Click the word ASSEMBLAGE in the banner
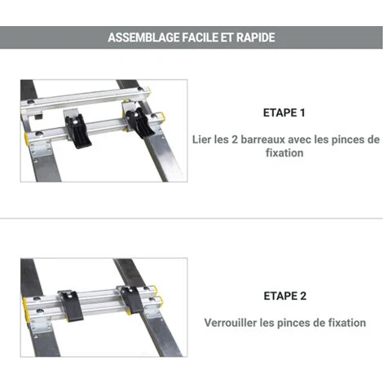point(143,37)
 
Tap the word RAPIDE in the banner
point(256,37)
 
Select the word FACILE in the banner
point(200,37)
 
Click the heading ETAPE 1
point(284,112)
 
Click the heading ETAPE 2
point(285,296)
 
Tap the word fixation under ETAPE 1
point(284,153)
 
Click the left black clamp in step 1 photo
point(78,131)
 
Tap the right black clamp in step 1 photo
point(140,123)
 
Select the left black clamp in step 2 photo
point(71,306)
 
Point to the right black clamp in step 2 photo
point(132,300)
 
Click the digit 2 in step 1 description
point(235,139)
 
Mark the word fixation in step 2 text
point(347,323)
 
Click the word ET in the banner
point(227,37)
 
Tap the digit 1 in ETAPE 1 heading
point(302,112)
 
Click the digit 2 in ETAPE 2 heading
point(303,296)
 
